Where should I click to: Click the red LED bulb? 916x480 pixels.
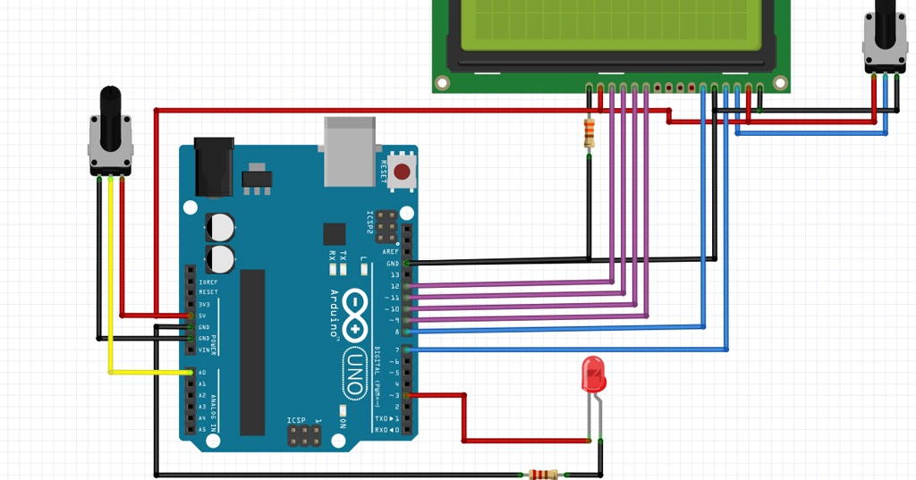coord(592,375)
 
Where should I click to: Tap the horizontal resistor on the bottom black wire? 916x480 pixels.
coord(543,474)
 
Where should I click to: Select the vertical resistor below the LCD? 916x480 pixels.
coord(589,132)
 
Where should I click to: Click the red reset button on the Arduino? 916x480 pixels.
coord(403,171)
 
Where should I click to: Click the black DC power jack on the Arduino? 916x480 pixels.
coord(215,165)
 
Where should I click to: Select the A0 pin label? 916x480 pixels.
coord(202,373)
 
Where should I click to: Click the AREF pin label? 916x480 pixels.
coord(391,252)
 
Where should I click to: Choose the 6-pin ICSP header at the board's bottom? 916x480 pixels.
coord(303,436)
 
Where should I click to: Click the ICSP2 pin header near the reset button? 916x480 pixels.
coord(386,228)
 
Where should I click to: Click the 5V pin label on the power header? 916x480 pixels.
coord(202,316)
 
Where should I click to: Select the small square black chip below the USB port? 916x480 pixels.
coord(335,234)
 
